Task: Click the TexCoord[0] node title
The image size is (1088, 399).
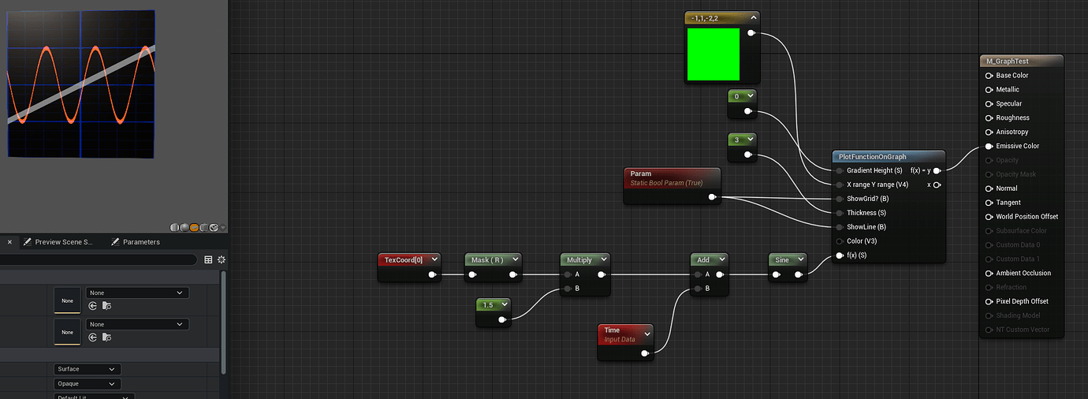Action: [x=403, y=260]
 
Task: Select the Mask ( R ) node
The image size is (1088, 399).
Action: [x=486, y=260]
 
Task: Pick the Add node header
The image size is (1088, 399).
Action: [x=703, y=259]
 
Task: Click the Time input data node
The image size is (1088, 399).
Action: [x=620, y=334]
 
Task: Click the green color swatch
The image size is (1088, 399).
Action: [x=714, y=54]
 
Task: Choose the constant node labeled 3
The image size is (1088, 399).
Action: [x=736, y=140]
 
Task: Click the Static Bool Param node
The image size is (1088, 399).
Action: [x=671, y=178]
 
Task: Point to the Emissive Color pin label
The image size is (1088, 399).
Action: [x=1017, y=146]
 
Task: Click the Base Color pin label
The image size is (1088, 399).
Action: [x=1012, y=76]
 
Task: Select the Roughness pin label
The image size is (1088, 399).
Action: [x=1012, y=117]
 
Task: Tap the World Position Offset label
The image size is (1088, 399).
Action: [x=1027, y=217]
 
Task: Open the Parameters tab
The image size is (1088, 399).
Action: [x=141, y=242]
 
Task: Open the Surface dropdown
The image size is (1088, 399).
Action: [x=87, y=369]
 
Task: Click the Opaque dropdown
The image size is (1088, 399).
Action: [x=87, y=384]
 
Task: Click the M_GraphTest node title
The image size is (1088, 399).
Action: [x=1007, y=62]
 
